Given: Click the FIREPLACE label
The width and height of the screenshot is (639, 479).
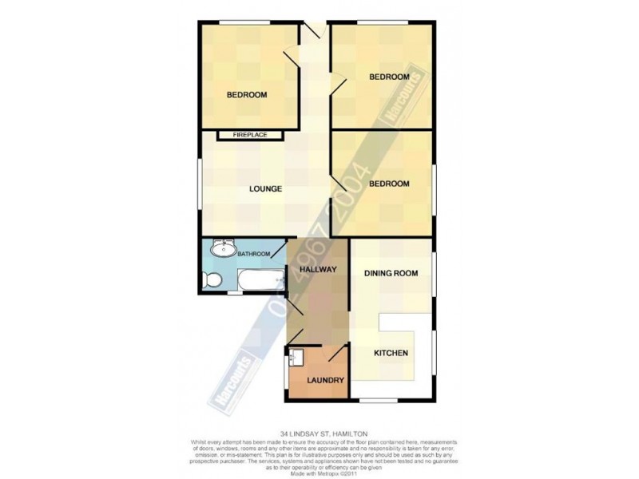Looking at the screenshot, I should coord(249,136).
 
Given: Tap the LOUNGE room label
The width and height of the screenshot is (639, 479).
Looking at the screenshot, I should coord(265,189).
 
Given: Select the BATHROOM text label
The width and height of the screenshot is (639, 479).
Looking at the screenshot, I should coord(252,254).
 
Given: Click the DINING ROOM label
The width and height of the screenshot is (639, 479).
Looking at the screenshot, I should coord(391,274).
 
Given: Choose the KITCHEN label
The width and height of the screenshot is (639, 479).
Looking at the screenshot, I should coord(391,354).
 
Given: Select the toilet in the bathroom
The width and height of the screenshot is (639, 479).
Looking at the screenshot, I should coord(211,280).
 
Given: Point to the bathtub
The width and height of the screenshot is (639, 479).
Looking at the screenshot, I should coord(261,279).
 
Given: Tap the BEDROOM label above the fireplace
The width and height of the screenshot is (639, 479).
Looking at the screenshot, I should coord(247,95).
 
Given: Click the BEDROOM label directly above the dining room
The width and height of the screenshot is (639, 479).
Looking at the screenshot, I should coord(389,184).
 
